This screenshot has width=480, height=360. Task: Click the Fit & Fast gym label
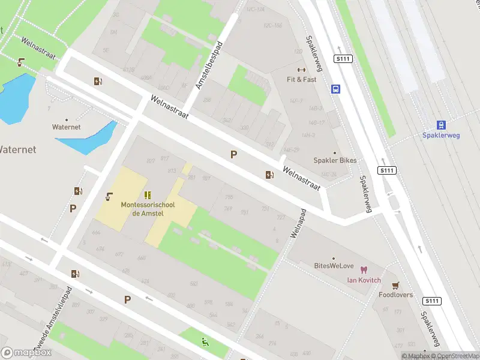301,79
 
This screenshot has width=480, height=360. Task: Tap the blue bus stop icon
336,89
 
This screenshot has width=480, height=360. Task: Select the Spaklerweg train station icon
441,125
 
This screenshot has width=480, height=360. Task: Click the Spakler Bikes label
335,160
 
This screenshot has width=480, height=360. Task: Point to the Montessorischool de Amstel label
147,209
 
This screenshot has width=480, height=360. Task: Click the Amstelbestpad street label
209,65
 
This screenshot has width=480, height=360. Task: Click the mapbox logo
26,353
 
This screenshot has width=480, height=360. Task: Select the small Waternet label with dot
66,127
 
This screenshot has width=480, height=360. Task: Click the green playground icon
206,343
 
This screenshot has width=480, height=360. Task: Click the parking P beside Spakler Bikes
233,154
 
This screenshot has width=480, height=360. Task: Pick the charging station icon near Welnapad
270,175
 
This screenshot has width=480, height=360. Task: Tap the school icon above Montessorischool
148,195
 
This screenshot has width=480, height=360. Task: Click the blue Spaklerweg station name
441,136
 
